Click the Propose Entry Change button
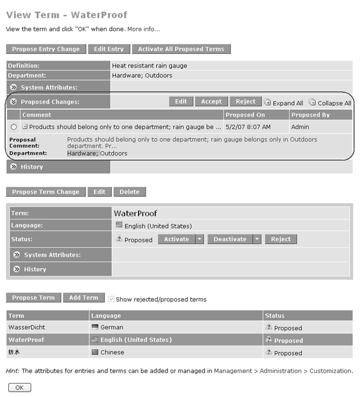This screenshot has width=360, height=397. pos(46,49)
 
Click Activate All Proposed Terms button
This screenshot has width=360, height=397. pos(181,49)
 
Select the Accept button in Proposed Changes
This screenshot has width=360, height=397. pos(211,102)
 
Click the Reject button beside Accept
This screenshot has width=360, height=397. pos(245,102)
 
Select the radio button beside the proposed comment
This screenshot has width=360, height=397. pos(14,127)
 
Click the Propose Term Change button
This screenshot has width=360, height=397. pos(46,192)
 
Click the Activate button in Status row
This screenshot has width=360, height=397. pos(176,239)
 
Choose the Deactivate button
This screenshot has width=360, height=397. pos(230,239)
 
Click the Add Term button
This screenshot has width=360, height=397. pos(84,298)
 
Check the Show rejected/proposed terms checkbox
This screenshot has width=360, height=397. pos(111,299)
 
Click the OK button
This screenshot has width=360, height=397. pos(19,387)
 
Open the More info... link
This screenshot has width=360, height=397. pos(144,29)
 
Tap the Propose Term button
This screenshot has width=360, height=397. pos(33,298)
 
